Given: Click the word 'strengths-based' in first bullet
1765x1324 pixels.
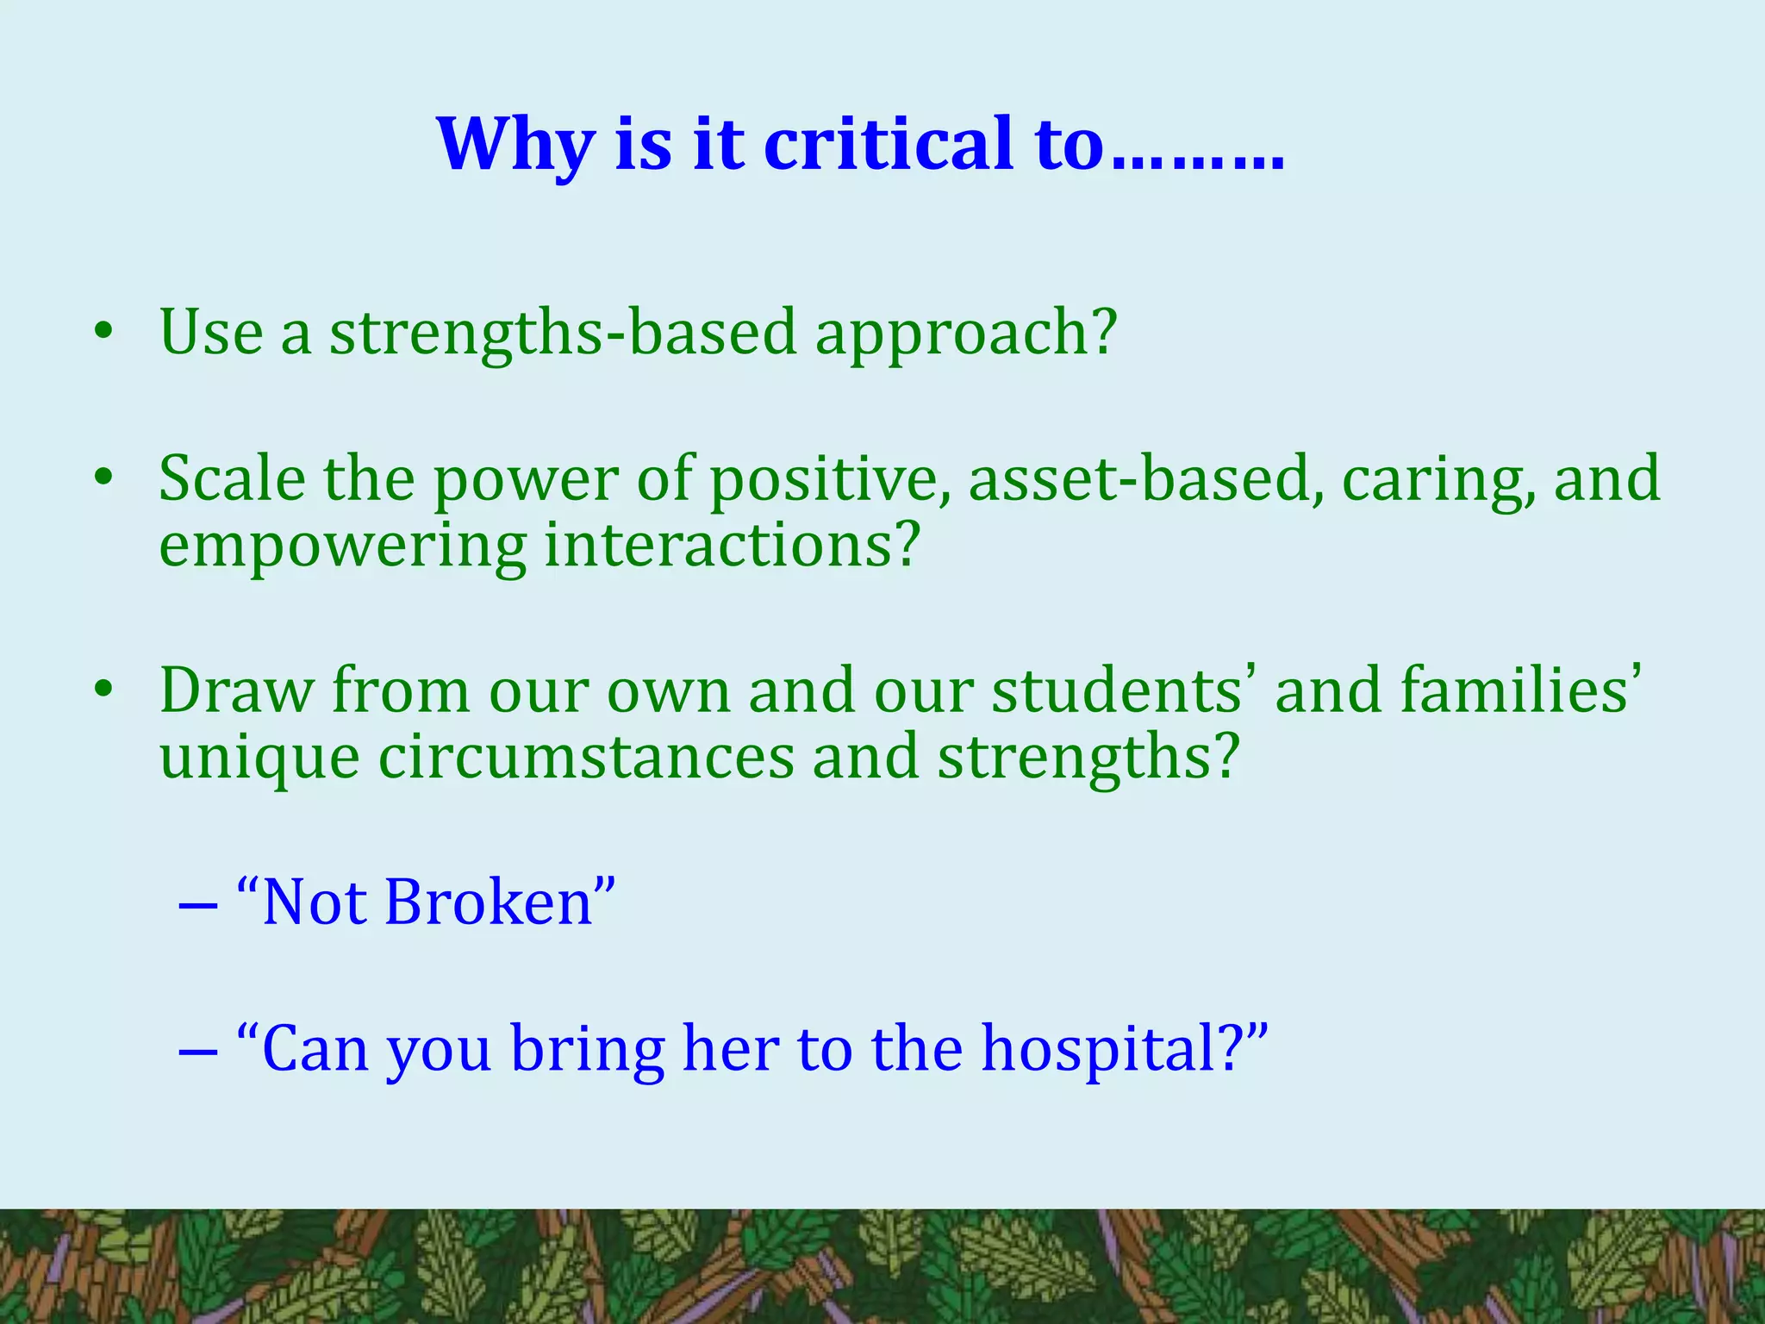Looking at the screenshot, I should pos(563,334).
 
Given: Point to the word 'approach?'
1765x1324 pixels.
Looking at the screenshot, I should pos(966,334).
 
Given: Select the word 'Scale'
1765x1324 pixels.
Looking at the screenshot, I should pos(232,479).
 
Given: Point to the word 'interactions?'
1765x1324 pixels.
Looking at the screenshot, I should pos(733,545).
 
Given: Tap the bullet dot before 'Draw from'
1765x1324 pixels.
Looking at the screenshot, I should pos(103,690).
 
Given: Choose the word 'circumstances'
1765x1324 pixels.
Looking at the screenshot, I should pos(586,757).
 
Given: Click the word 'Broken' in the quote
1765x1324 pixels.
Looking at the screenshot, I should pos(489,903).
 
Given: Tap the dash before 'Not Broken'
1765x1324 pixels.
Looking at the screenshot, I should pos(197,906).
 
